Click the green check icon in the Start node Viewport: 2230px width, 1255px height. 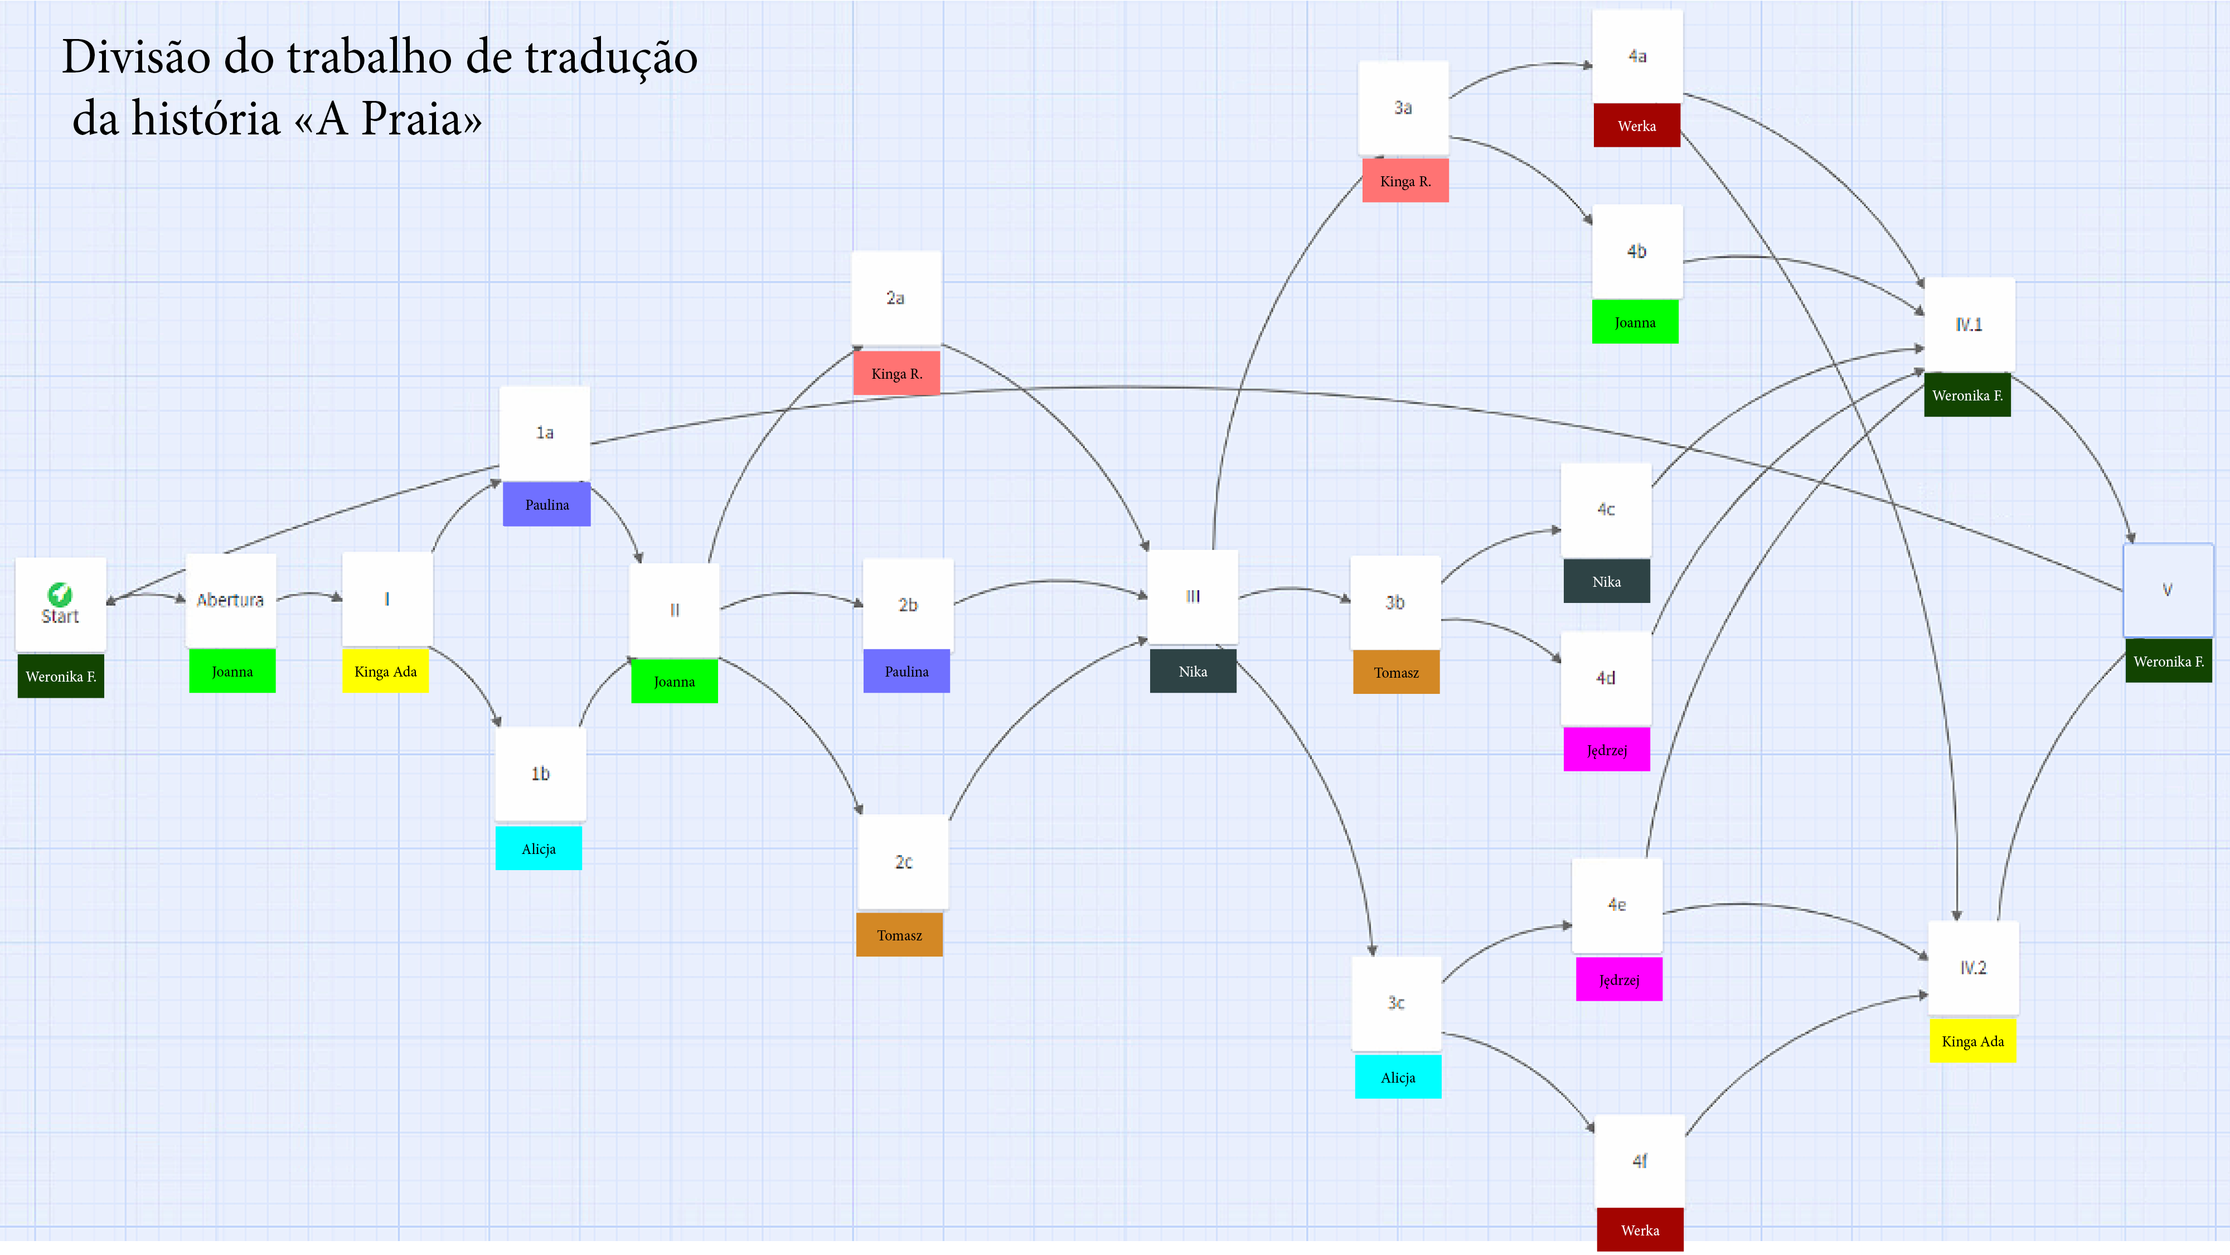(60, 594)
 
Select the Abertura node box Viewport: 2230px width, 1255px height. (230, 600)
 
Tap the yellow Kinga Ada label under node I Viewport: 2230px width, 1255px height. (385, 671)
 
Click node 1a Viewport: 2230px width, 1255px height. (545, 433)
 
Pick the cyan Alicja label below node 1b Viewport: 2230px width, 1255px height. (539, 849)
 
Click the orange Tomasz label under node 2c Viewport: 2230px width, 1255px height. (899, 935)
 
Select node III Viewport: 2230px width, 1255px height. (1193, 597)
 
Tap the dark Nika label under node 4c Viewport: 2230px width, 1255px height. (1607, 582)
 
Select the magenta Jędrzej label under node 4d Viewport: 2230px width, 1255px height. (1607, 750)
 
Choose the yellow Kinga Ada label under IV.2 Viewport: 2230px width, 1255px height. (1973, 1041)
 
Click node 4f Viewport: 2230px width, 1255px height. (1640, 1161)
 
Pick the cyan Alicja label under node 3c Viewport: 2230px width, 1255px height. (1398, 1078)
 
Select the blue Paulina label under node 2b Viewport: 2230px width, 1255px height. (906, 671)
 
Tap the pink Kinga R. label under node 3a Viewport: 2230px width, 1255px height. (1405, 182)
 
